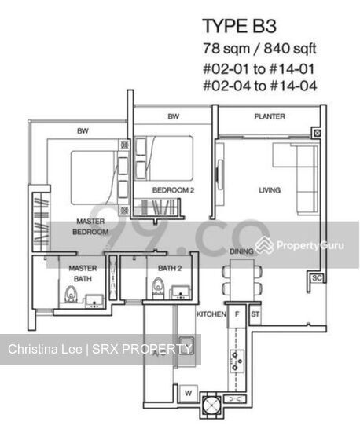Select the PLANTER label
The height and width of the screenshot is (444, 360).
pyautogui.click(x=269, y=116)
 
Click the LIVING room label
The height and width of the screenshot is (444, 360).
pyautogui.click(x=270, y=190)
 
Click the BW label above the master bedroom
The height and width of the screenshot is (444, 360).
pyautogui.click(x=81, y=130)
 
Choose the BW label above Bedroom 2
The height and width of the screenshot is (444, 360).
pyautogui.click(x=173, y=117)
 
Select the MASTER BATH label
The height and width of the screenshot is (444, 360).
pyautogui.click(x=83, y=273)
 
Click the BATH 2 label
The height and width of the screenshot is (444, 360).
pyautogui.click(x=169, y=269)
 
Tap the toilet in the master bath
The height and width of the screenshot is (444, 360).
pyautogui.click(x=70, y=294)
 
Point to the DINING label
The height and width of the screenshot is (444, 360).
pyautogui.click(x=241, y=251)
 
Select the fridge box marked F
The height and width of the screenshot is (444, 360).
pyautogui.click(x=237, y=314)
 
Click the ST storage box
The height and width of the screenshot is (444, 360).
pyautogui.click(x=255, y=314)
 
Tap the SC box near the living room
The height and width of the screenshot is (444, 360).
pyautogui.click(x=317, y=278)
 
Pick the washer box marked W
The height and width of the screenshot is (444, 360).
pyautogui.click(x=188, y=393)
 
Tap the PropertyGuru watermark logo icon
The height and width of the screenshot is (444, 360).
pyautogui.click(x=264, y=246)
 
